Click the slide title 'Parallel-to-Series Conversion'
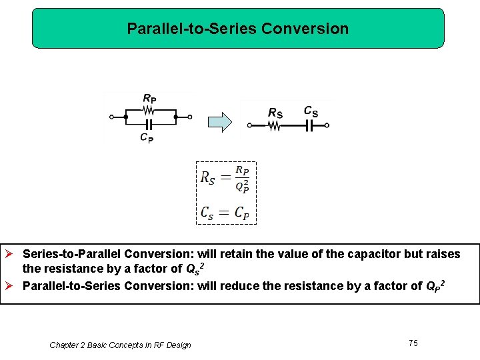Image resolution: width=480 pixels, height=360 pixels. click(237, 29)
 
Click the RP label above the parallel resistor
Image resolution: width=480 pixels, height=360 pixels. click(149, 99)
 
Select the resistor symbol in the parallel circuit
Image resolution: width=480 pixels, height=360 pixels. click(149, 109)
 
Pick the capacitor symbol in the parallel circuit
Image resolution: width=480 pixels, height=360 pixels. click(149, 125)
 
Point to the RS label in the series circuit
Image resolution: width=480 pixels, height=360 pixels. click(275, 113)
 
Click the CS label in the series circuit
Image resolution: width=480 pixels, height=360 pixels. click(311, 111)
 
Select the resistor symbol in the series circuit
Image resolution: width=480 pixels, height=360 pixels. click(274, 125)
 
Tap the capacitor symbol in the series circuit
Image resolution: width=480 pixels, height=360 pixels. click(309, 125)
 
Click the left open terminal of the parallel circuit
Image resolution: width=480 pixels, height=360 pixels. click(112, 117)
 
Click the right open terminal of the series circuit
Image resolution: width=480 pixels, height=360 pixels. click(327, 125)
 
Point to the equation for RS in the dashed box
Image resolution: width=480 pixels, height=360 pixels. click(225, 178)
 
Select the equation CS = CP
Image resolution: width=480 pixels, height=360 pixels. click(225, 213)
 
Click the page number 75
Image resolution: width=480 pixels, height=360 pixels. click(413, 343)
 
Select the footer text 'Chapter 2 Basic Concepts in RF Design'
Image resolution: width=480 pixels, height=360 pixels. click(120, 345)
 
